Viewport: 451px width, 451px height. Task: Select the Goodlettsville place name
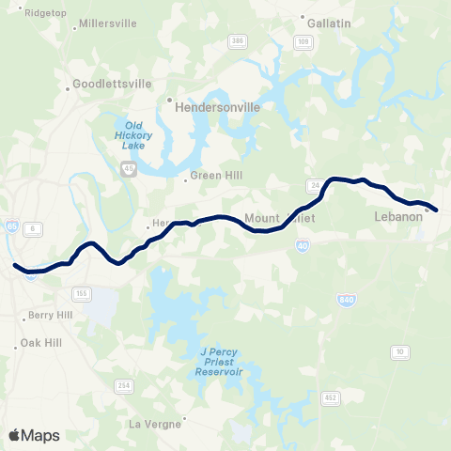113,84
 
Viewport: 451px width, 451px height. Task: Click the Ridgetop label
45,13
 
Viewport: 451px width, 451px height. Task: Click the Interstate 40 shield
303,244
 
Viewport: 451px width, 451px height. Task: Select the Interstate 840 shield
348,300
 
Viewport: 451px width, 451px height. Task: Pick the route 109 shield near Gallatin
302,42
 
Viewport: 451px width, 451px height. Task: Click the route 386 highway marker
239,41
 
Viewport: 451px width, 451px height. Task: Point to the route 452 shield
331,398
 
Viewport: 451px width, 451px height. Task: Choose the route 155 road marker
83,294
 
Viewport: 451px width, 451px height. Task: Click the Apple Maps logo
34,435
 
